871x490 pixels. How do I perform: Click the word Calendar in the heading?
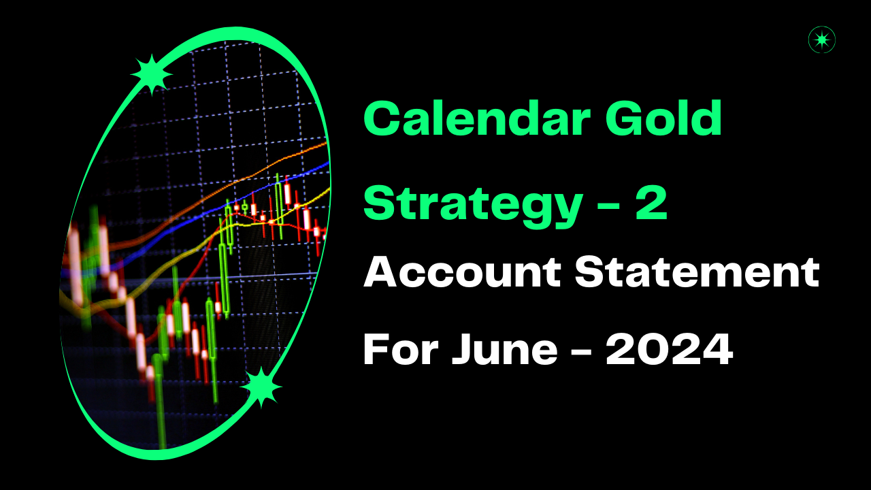click(x=477, y=118)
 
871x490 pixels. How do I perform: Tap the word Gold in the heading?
click(x=663, y=118)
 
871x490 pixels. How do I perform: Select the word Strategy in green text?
click(x=473, y=208)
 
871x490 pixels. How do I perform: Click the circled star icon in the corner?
click(x=821, y=39)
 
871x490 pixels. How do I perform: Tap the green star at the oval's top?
click(x=152, y=74)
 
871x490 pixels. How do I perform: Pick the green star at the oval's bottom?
click(x=261, y=387)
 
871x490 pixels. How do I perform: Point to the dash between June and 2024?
click(x=581, y=350)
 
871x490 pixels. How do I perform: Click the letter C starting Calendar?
click(x=382, y=118)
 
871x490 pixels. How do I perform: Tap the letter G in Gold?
click(x=625, y=118)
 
